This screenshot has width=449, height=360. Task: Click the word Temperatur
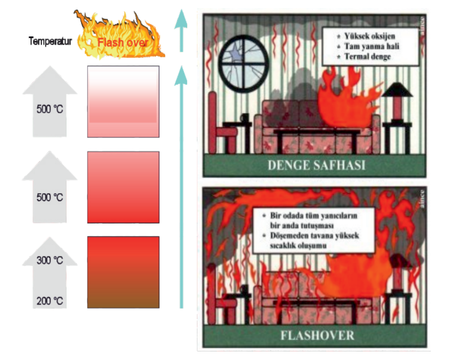click(51, 41)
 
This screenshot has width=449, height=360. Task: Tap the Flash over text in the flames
click(122, 41)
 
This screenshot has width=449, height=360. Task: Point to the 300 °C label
click(50, 261)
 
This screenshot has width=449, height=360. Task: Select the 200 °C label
click(50, 301)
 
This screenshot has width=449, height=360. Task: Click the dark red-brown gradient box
click(123, 272)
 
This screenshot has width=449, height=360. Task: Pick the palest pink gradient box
click(123, 101)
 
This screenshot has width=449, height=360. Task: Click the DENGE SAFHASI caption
click(316, 165)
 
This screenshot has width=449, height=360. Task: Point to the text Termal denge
click(364, 56)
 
